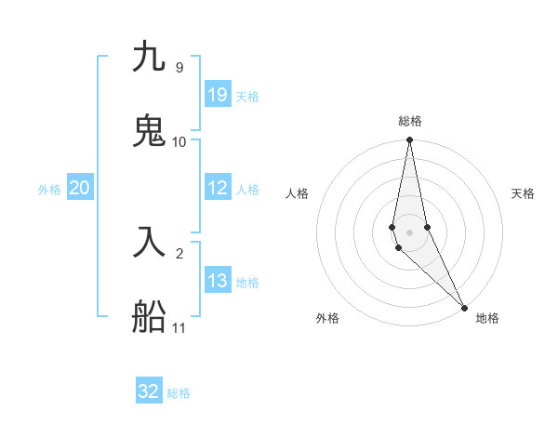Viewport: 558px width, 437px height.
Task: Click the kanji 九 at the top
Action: (x=149, y=58)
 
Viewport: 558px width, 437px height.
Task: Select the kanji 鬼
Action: (x=149, y=131)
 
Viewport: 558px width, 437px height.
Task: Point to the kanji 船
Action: (x=149, y=316)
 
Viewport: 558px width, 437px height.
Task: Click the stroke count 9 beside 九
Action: (x=179, y=68)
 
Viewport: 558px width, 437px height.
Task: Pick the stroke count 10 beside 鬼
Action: (x=179, y=141)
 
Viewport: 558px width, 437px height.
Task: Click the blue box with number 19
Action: (x=218, y=95)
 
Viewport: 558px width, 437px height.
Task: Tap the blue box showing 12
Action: (x=218, y=188)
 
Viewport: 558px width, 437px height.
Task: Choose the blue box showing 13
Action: (x=218, y=281)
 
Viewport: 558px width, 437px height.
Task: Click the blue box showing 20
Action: (x=79, y=188)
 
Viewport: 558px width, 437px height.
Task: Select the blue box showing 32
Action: (x=149, y=391)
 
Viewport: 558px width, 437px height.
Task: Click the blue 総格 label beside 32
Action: (x=179, y=393)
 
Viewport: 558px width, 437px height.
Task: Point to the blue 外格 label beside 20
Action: (x=49, y=190)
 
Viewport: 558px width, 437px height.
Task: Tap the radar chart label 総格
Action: (x=410, y=121)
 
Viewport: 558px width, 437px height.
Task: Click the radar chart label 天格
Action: (x=524, y=193)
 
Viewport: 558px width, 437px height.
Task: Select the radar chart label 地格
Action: (x=487, y=318)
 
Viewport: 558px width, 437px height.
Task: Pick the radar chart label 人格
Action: (x=297, y=193)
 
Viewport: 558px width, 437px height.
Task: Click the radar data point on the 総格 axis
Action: (x=409, y=140)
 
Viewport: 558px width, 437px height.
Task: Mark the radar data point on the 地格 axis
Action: (x=464, y=306)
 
